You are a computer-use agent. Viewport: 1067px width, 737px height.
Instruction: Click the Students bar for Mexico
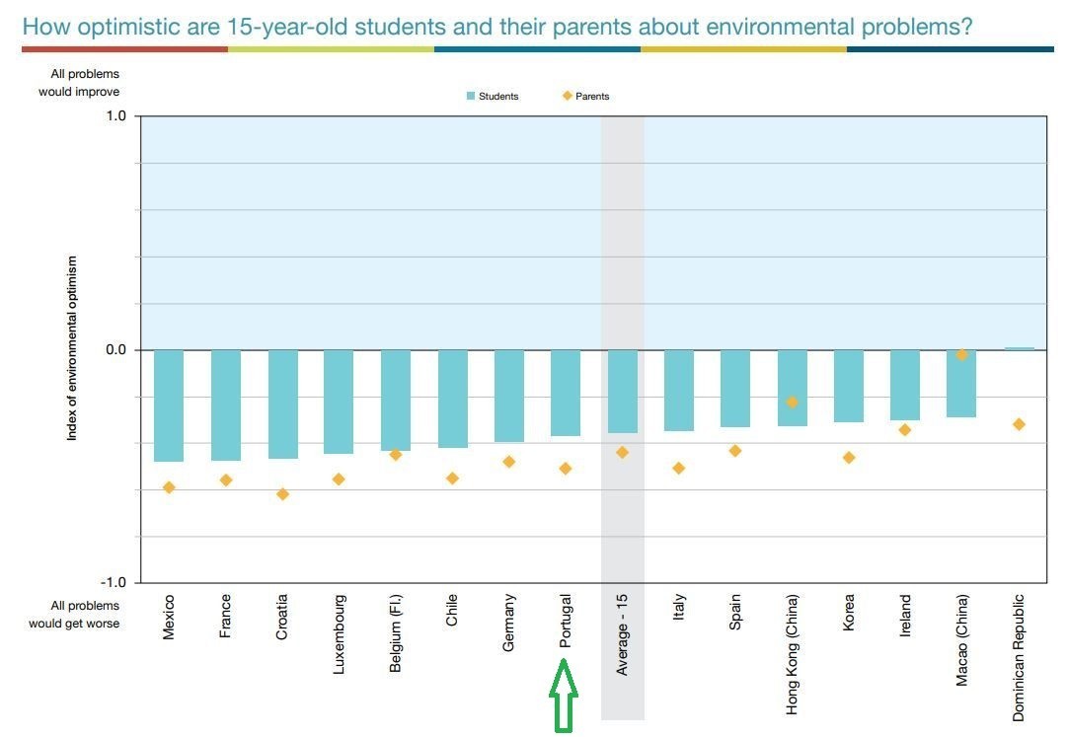tap(169, 405)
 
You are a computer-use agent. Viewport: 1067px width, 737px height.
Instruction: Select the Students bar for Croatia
tap(282, 405)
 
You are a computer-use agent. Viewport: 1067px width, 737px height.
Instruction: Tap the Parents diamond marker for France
tap(226, 480)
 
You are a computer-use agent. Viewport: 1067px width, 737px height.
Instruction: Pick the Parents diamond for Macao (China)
tap(962, 354)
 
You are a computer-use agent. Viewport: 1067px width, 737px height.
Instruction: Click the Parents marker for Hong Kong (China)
tap(792, 403)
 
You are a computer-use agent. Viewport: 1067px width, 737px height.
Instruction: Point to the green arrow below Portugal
tap(564, 697)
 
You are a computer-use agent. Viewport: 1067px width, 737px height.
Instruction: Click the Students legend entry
tap(493, 97)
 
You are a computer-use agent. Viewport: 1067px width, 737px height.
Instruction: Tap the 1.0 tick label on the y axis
tap(116, 116)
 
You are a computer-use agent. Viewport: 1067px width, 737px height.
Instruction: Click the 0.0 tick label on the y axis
tap(116, 350)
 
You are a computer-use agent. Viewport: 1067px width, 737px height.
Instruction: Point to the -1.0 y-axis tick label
tap(114, 583)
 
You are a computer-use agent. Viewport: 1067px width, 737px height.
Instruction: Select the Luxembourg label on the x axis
tap(340, 633)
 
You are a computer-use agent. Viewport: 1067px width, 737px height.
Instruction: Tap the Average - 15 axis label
tap(623, 634)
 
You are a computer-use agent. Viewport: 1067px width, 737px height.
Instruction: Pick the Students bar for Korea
tap(849, 386)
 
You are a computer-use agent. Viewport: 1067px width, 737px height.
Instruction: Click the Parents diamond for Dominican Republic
tap(1020, 424)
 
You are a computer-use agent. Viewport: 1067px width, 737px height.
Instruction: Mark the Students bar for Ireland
tap(905, 385)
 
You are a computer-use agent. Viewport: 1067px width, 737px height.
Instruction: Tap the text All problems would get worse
tap(74, 615)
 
